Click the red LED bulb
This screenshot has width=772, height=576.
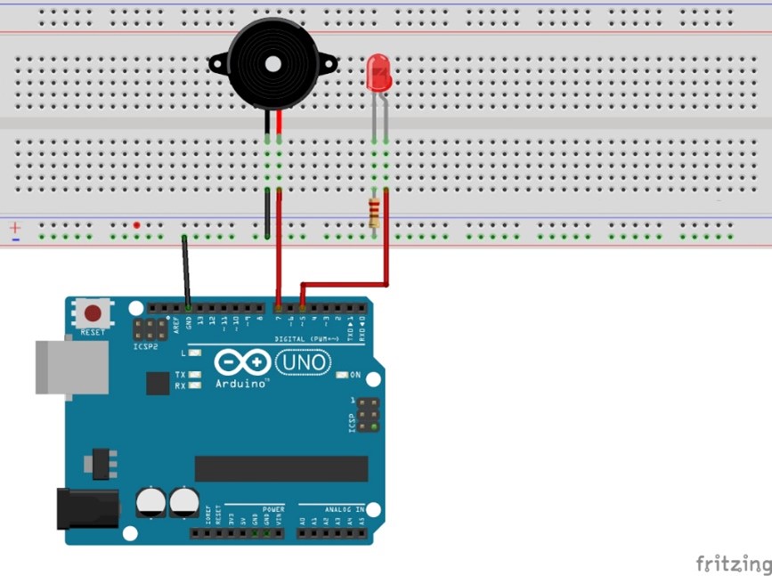pyautogui.click(x=378, y=73)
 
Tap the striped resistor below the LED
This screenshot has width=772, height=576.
pyautogui.click(x=374, y=214)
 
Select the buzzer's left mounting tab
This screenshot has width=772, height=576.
pyautogui.click(x=217, y=63)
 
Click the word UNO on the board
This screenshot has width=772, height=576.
pyautogui.click(x=303, y=362)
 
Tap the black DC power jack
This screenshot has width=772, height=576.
pyautogui.click(x=86, y=507)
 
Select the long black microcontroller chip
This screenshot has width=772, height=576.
pyautogui.click(x=281, y=468)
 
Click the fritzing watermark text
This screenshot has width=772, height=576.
pyautogui.click(x=732, y=564)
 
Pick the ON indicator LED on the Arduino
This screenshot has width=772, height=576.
pyautogui.click(x=343, y=375)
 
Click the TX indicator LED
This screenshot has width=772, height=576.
pyautogui.click(x=195, y=375)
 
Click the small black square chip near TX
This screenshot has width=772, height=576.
pyautogui.click(x=158, y=383)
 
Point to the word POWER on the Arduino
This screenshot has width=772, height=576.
pyautogui.click(x=273, y=509)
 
